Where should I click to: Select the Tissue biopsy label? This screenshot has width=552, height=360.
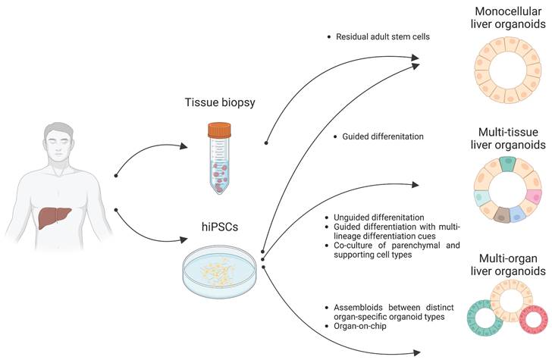218,102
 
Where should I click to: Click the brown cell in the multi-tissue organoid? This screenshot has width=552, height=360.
500,217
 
